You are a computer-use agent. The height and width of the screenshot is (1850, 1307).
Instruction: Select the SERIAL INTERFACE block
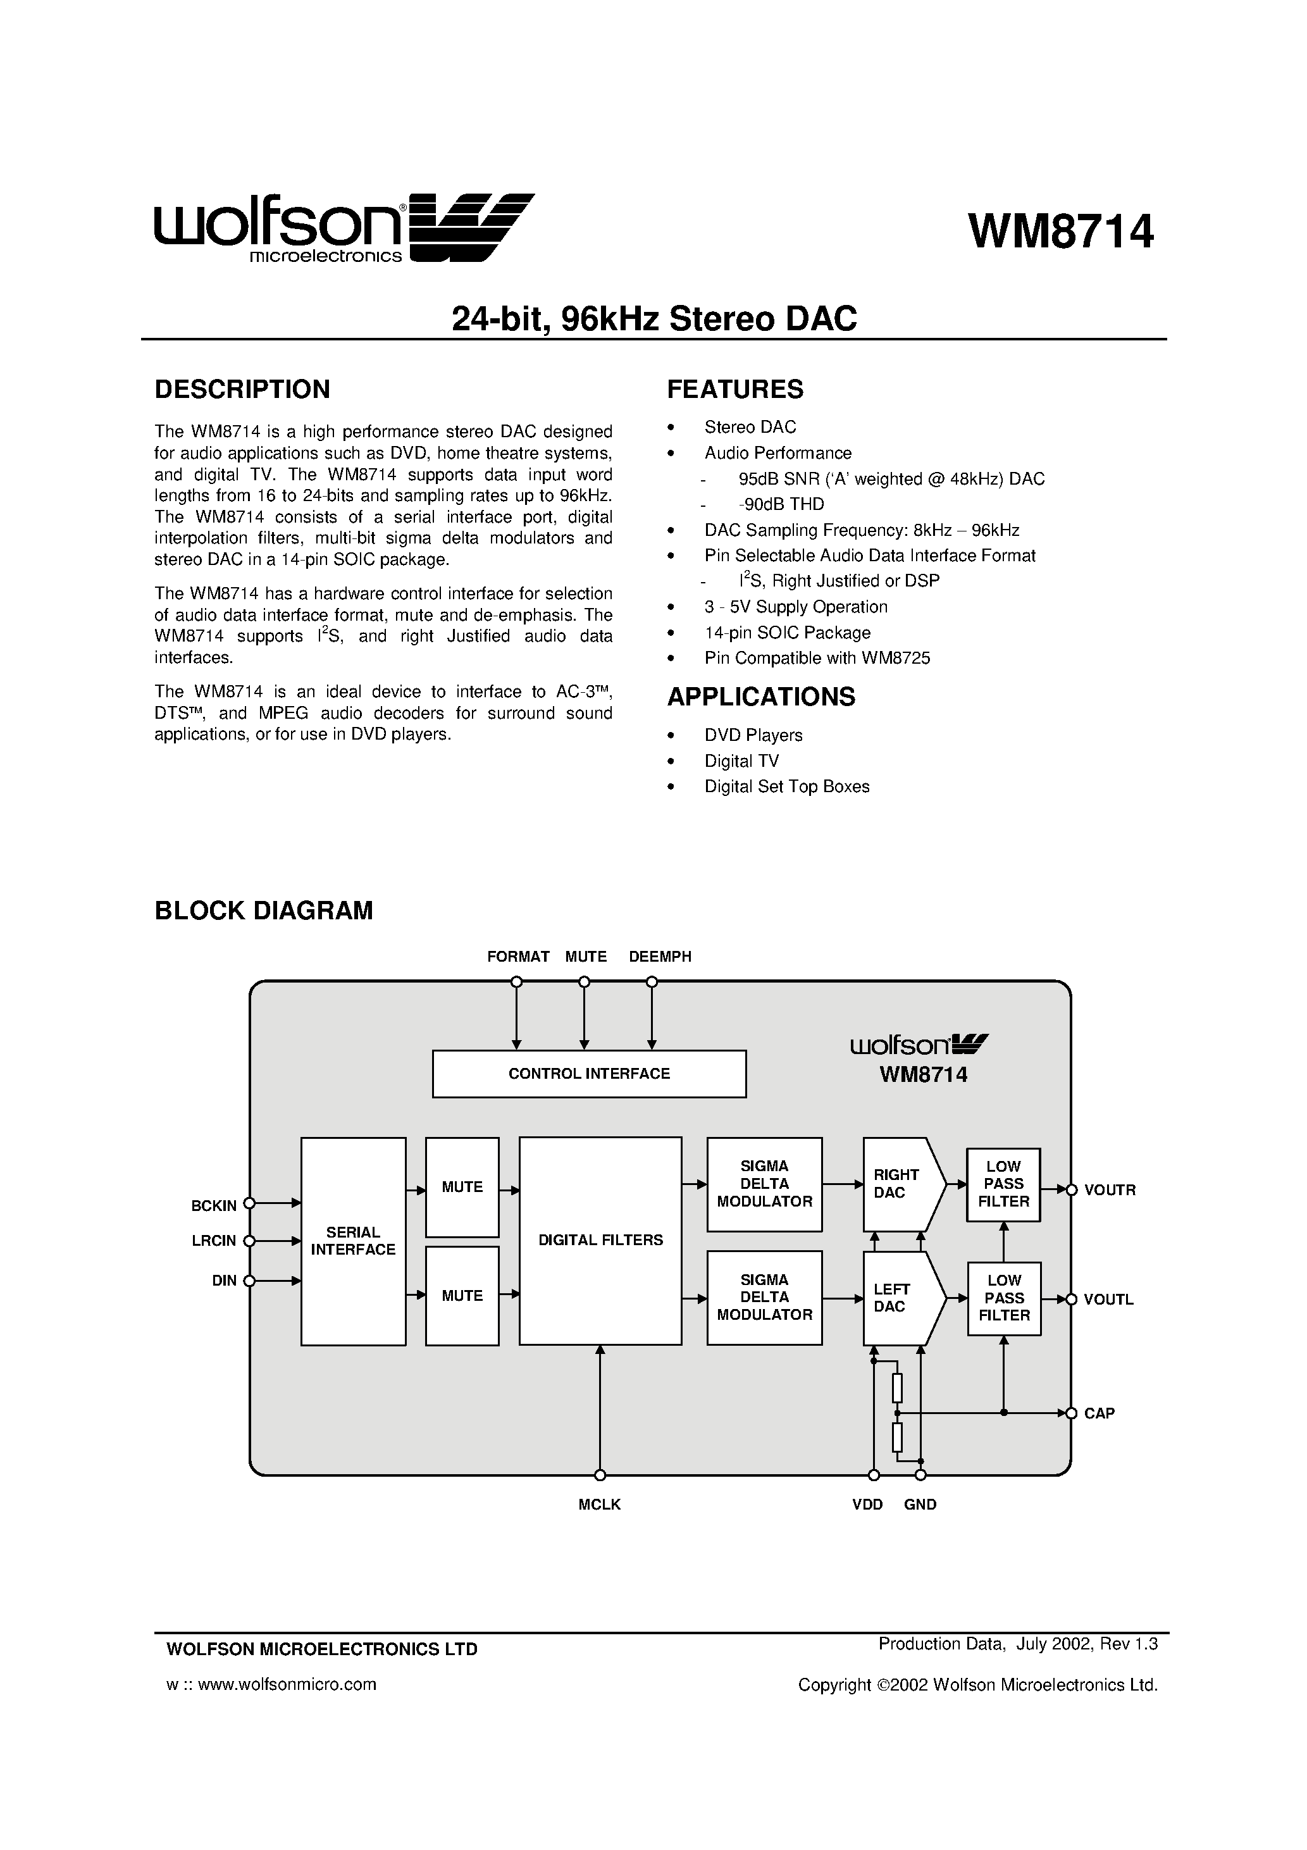[x=353, y=1241]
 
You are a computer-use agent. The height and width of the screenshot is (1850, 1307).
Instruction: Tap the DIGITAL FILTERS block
[x=600, y=1240]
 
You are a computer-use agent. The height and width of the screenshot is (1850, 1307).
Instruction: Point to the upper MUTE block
[x=462, y=1187]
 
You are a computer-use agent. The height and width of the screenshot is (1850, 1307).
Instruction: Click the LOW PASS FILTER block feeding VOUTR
[x=1003, y=1184]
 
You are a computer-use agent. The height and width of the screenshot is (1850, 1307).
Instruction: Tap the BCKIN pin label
[x=214, y=1206]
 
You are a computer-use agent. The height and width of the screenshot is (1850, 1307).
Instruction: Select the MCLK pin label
[x=600, y=1505]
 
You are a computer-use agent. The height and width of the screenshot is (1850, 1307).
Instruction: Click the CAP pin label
[x=1099, y=1413]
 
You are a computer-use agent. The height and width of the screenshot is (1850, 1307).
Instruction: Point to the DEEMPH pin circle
[x=652, y=981]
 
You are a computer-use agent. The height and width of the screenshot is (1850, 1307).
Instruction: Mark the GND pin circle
[x=920, y=1475]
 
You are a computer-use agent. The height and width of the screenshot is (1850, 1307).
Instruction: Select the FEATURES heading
[x=735, y=389]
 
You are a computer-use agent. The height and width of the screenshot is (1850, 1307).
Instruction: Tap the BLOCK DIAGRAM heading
[x=264, y=910]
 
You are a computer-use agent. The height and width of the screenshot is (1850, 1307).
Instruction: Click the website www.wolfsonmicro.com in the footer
[x=287, y=1684]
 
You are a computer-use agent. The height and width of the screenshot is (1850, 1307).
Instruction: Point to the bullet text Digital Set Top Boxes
[x=786, y=786]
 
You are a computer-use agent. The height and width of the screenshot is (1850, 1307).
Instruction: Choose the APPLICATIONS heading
[x=760, y=696]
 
